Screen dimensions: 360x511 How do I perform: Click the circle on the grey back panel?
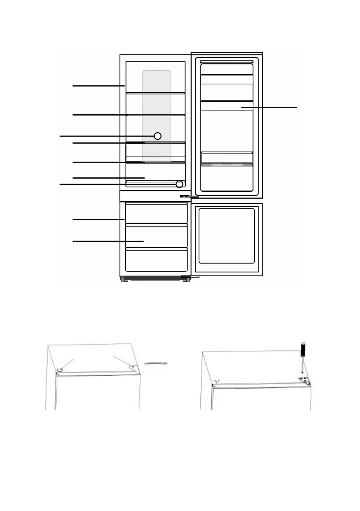click(157, 136)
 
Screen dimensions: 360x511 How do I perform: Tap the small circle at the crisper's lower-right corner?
click(179, 184)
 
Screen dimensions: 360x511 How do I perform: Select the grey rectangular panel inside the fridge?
click(157, 107)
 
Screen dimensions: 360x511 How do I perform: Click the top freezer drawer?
click(157, 214)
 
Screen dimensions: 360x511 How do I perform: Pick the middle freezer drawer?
click(157, 236)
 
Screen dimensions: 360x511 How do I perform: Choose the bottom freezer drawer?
click(157, 260)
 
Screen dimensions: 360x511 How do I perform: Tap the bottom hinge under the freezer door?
click(190, 277)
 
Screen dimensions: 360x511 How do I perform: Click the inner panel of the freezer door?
click(228, 235)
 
